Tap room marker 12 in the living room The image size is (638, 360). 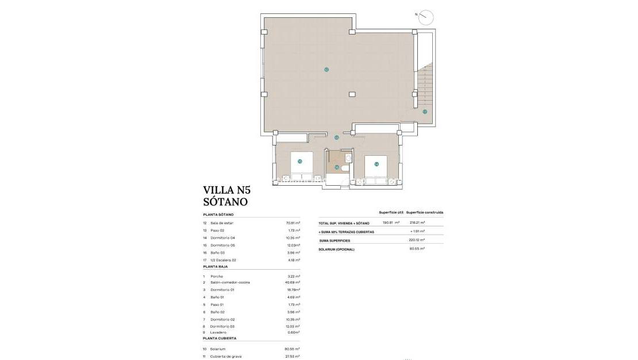coord(326,70)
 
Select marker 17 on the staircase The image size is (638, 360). coord(425,112)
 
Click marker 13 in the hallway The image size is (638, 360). coord(337,137)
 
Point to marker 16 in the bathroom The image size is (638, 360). coord(337,168)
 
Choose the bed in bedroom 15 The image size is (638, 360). coord(302,166)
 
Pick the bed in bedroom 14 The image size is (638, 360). coord(376,168)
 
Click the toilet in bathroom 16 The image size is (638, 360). coord(344,168)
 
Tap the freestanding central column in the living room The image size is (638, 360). coord(352,94)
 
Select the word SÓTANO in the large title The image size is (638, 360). coord(225,202)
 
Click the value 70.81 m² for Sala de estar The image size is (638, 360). coord(293,223)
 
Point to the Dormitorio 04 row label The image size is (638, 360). coord(222,238)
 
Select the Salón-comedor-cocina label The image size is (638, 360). coord(230,282)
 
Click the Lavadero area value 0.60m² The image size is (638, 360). coord(294,332)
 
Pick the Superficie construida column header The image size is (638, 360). coord(425,212)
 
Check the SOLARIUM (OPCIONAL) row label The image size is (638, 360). coord(337,250)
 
